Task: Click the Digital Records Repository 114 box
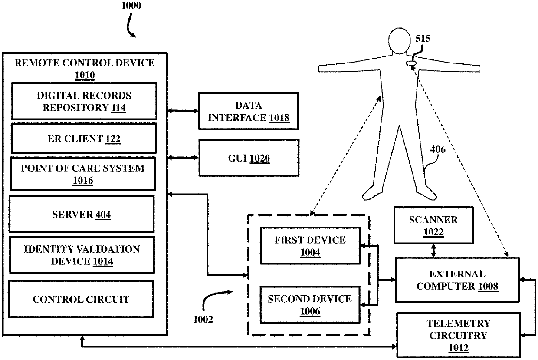click(x=84, y=101)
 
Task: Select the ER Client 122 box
click(x=84, y=139)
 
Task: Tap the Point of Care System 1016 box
click(x=83, y=174)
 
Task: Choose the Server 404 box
click(x=82, y=214)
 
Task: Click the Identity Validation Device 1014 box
click(x=82, y=255)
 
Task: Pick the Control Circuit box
click(x=81, y=299)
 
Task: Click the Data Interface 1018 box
click(x=249, y=111)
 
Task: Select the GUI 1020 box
click(x=249, y=158)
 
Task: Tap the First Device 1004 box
click(x=310, y=246)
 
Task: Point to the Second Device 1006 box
click(x=310, y=305)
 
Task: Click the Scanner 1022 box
click(x=433, y=225)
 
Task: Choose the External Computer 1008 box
click(x=457, y=280)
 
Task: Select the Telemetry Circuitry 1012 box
click(x=459, y=335)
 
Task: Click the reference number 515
click(x=423, y=39)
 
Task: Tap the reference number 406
click(x=438, y=149)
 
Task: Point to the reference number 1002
click(x=203, y=319)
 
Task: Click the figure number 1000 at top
click(x=131, y=6)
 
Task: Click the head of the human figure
click(x=400, y=41)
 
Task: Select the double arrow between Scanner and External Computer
click(x=433, y=251)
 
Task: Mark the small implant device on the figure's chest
click(x=411, y=63)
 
